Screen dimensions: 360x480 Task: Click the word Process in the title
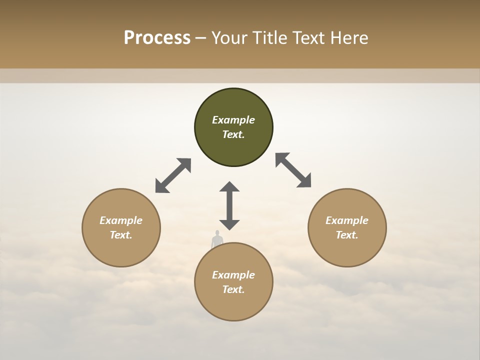point(157,37)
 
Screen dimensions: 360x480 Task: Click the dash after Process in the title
point(201,38)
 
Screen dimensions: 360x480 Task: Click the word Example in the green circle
point(233,120)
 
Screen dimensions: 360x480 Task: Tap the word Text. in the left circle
point(121,235)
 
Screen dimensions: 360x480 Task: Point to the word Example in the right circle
point(347,220)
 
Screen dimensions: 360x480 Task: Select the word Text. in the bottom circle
point(233,289)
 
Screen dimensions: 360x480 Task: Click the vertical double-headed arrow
point(229,205)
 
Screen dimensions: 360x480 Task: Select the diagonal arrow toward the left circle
point(173,175)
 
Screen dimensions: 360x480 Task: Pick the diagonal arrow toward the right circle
point(293,170)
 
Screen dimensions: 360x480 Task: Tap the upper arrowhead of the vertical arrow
point(229,187)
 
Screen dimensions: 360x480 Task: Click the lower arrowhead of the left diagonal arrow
point(161,186)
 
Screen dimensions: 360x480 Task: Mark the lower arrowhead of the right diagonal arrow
point(304,181)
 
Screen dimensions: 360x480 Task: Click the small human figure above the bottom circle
point(217,240)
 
